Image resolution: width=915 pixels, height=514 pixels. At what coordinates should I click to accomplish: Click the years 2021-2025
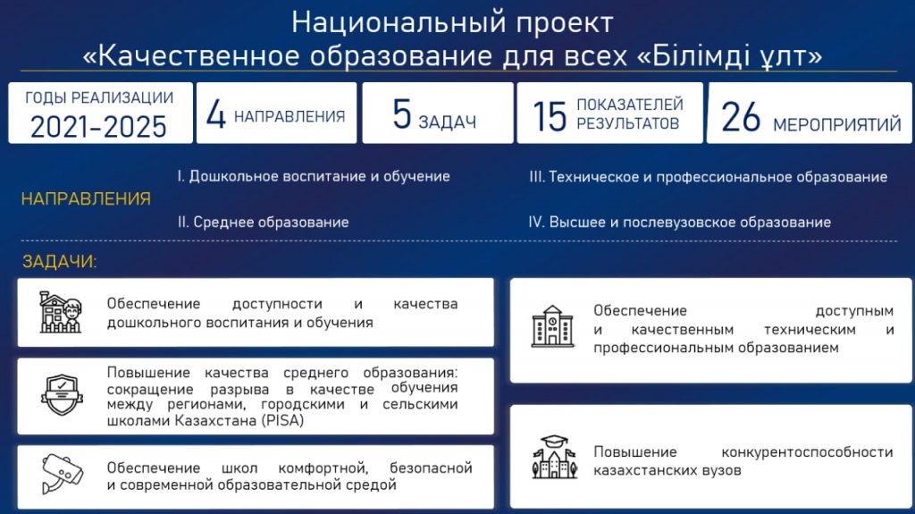point(98,126)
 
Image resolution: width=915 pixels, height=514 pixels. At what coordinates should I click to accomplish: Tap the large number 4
point(216,114)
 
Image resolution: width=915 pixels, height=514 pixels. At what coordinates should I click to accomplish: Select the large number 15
point(550,115)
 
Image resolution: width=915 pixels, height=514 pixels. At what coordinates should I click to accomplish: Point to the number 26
point(741,117)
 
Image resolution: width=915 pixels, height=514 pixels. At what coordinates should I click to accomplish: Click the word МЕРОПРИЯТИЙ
point(836,124)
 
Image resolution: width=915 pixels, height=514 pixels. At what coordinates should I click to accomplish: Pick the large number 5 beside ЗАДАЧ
point(402,114)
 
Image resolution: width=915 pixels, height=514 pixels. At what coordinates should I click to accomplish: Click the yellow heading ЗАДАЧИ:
point(60,261)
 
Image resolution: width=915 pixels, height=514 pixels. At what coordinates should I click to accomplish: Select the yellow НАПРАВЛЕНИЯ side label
point(86,198)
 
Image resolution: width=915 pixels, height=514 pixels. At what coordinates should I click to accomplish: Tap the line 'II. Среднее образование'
point(264,222)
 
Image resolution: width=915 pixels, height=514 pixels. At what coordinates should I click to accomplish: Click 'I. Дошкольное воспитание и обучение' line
point(314,176)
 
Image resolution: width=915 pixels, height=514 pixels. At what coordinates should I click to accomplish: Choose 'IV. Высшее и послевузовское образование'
point(680,222)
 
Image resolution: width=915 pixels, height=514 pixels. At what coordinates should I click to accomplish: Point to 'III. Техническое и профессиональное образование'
point(709,177)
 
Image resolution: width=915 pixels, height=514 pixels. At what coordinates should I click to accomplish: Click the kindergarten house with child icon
point(61,313)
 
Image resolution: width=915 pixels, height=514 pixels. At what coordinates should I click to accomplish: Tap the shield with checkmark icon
point(62,395)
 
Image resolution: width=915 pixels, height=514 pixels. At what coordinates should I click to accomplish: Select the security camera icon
point(63,474)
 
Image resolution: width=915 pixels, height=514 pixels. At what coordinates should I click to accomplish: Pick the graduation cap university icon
point(554,458)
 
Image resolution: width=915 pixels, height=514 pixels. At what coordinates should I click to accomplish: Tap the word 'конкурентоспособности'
point(807,452)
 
